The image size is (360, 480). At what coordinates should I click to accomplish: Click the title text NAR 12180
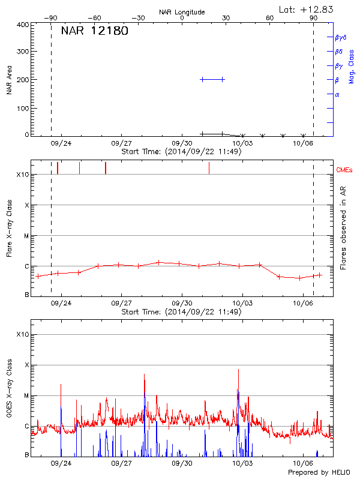click(94, 31)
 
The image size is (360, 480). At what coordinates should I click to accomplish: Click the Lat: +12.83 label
click(307, 9)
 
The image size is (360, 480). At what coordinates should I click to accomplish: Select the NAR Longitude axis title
click(182, 12)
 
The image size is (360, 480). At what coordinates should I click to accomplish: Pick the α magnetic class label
click(337, 94)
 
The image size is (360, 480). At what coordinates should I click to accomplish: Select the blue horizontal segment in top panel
click(212, 79)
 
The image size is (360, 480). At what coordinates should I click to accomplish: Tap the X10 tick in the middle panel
click(23, 175)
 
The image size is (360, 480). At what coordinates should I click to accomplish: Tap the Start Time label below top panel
click(181, 152)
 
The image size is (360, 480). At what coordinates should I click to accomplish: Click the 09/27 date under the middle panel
click(122, 304)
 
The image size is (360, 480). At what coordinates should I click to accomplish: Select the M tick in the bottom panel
click(26, 395)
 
